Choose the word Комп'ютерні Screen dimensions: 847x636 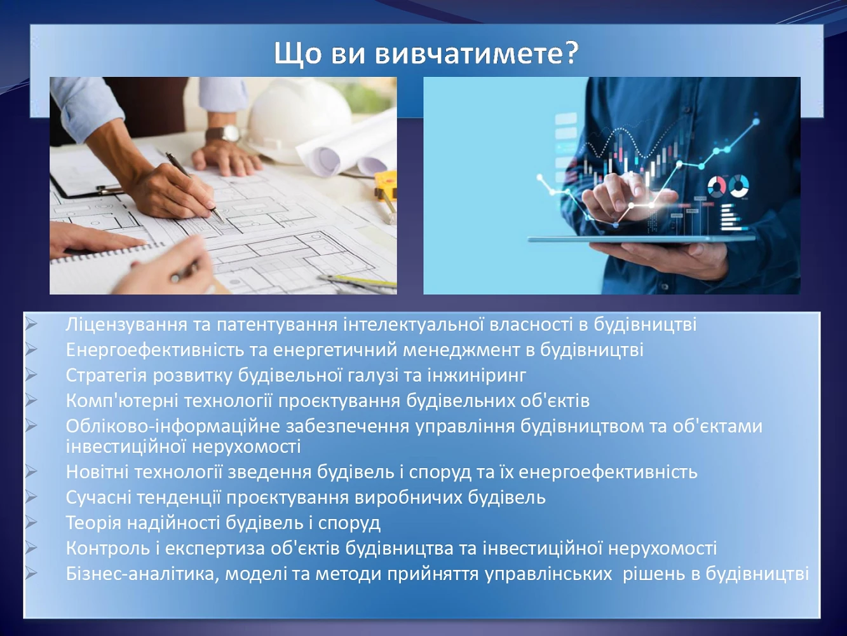tap(122, 401)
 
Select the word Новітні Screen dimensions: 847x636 tap(97, 472)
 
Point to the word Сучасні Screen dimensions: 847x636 tap(98, 497)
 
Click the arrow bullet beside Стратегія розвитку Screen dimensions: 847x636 tap(30, 375)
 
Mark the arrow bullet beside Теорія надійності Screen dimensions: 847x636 tap(30, 522)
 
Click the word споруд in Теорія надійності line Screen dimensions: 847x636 tap(349, 524)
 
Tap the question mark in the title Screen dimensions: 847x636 tap(569, 53)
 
